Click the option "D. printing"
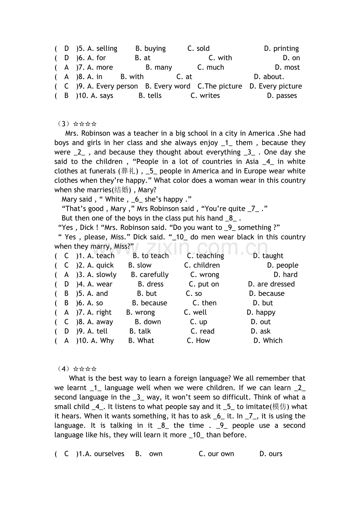click(x=281, y=48)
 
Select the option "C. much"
click(x=211, y=67)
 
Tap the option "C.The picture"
click(x=220, y=86)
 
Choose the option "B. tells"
click(x=150, y=95)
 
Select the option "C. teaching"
click(x=205, y=256)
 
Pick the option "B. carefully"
click(x=149, y=274)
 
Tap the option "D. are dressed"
click(x=271, y=284)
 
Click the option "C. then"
click(x=204, y=303)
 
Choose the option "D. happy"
click(x=261, y=312)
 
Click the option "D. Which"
click(x=268, y=341)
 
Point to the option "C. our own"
click(x=216, y=453)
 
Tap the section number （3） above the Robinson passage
click(x=62, y=124)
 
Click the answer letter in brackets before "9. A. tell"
click(x=66, y=331)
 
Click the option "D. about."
click(x=269, y=77)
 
